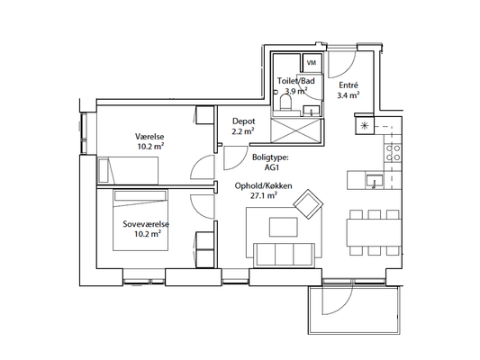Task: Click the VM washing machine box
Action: click(x=312, y=63)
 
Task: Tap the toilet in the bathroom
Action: click(x=285, y=103)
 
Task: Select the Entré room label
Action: click(x=349, y=85)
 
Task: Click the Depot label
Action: click(x=244, y=121)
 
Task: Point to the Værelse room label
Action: click(x=149, y=137)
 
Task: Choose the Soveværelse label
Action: click(x=146, y=224)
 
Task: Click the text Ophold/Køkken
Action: click(x=263, y=186)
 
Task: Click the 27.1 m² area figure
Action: click(x=264, y=196)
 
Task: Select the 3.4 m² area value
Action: click(x=349, y=95)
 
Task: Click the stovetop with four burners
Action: click(x=393, y=153)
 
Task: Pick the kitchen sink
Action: click(x=374, y=181)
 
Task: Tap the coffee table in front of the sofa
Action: click(x=284, y=227)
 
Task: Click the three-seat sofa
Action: click(x=284, y=255)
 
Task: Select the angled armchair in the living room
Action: click(x=308, y=204)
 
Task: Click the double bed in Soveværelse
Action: click(x=140, y=220)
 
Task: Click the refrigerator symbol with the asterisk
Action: click(x=365, y=125)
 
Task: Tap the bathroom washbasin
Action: click(x=311, y=110)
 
